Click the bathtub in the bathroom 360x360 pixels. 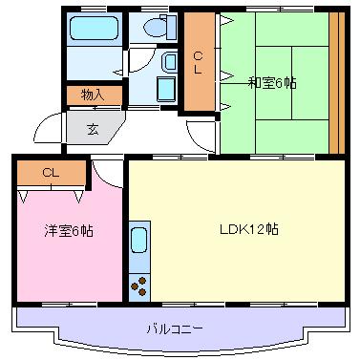(94, 28)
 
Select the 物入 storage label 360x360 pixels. (93, 95)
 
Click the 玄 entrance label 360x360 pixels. (93, 130)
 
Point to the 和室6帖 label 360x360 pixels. (272, 83)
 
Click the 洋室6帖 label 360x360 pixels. (69, 231)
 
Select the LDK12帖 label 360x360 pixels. (249, 229)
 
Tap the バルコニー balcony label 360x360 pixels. (175, 328)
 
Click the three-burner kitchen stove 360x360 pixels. (139, 286)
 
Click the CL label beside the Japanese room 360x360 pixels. (198, 63)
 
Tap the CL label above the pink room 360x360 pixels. (51, 173)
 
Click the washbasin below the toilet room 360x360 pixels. (169, 63)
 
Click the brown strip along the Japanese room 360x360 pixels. (337, 83)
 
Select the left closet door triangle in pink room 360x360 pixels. (23, 197)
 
